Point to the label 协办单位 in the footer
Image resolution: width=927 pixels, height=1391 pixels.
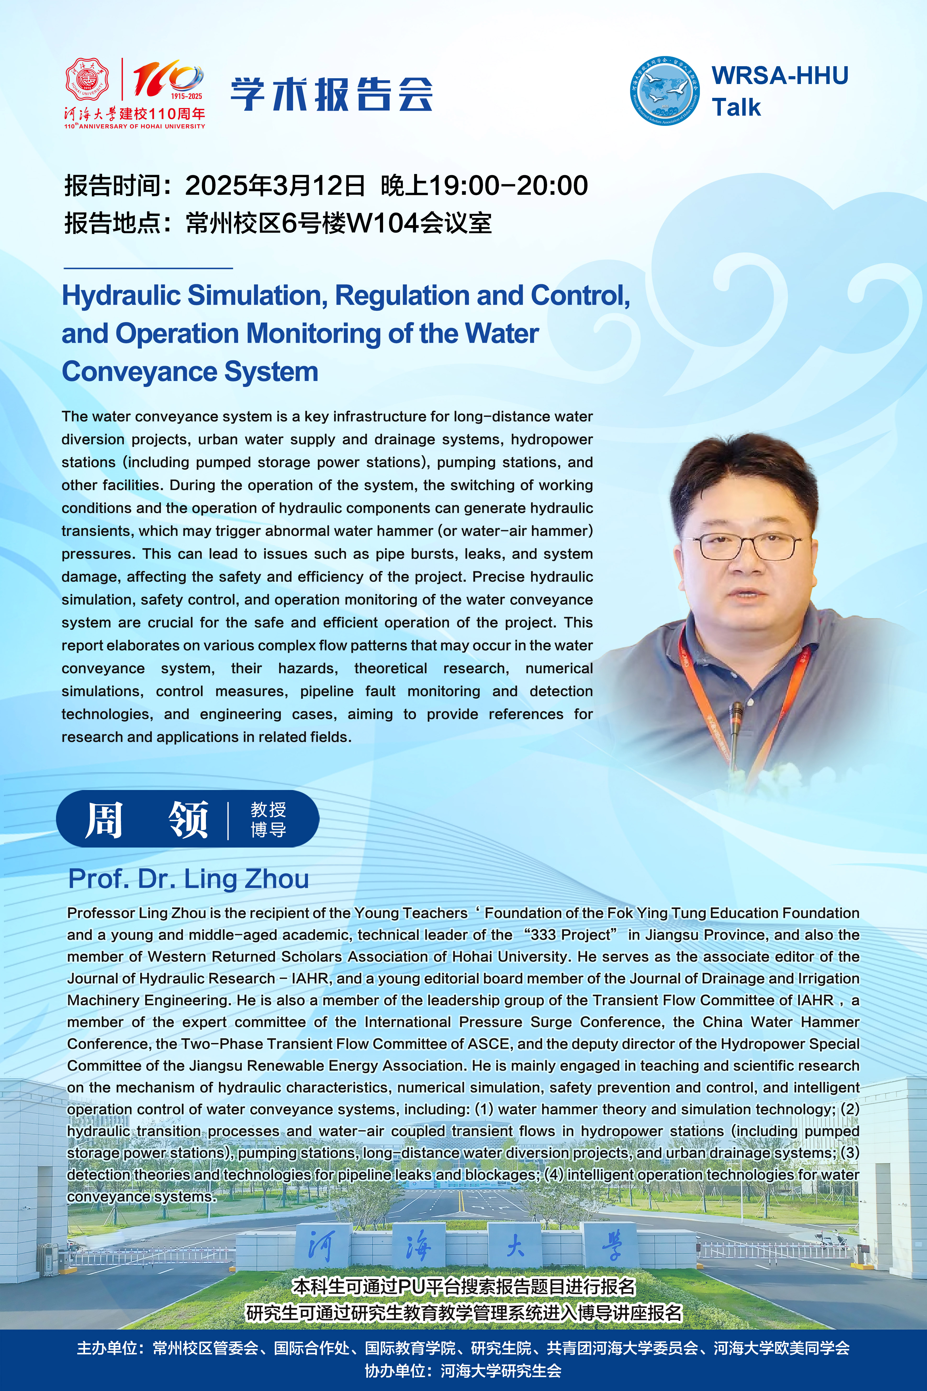tap(394, 1371)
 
